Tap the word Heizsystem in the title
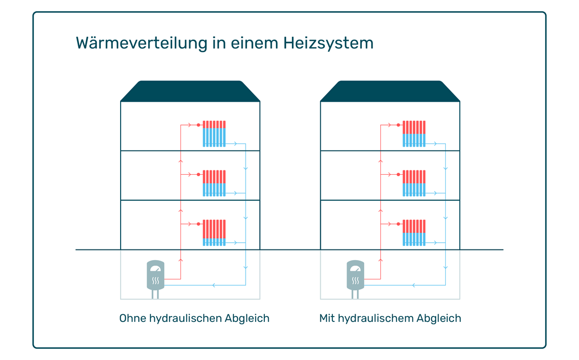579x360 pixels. tap(328, 43)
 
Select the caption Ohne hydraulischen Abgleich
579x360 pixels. tap(194, 318)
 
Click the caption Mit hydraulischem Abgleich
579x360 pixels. tap(390, 318)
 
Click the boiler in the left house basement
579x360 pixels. tap(155, 279)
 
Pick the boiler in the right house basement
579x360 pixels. tap(356, 279)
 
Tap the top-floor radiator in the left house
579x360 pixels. tap(214, 134)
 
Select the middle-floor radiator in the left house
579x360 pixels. tap(214, 183)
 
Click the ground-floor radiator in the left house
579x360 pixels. tap(214, 233)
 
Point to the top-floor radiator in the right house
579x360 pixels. tap(414, 134)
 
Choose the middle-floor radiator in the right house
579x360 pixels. tap(414, 183)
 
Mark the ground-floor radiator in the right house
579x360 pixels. tap(414, 233)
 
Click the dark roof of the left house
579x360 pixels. tap(190, 91)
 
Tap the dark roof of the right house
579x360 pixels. tap(390, 91)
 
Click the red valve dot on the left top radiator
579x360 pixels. tap(198, 125)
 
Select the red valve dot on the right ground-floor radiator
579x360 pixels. tap(399, 224)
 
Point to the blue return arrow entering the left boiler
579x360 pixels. tap(214, 285)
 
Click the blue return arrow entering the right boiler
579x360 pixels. tap(414, 285)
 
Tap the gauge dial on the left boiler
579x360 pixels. tap(155, 269)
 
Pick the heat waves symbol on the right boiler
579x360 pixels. tap(356, 281)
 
